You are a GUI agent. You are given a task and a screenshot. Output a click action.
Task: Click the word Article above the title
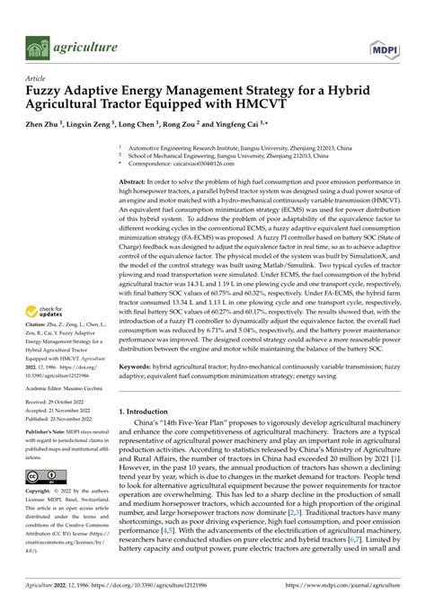coord(39,78)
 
